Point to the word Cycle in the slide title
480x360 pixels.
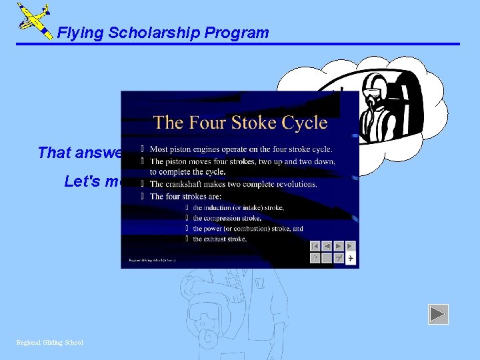(303, 123)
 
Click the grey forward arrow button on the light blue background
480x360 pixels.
(438, 314)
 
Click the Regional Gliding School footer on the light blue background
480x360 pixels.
(50, 343)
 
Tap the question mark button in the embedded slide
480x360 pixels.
(315, 258)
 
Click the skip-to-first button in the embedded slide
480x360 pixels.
(315, 246)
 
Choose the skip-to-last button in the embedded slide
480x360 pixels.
(350, 246)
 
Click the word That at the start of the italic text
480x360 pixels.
(53, 153)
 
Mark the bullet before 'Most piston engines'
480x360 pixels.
(142, 149)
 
